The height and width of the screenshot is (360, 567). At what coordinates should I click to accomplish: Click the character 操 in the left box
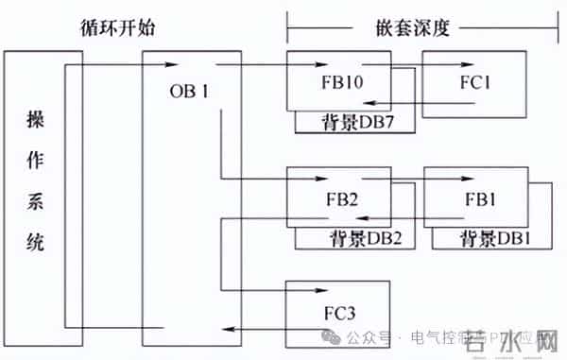(34, 122)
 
